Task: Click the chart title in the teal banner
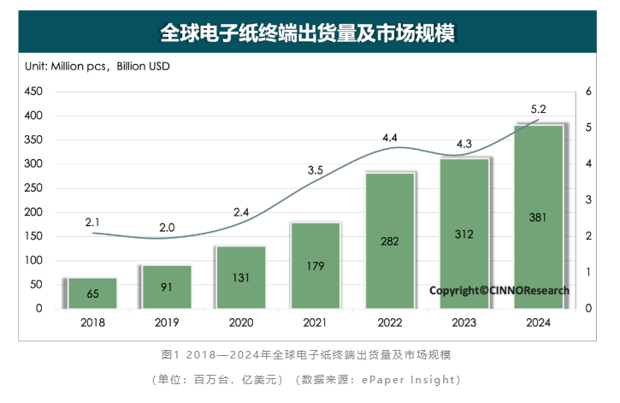309,33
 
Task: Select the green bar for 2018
92,293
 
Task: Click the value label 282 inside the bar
390,241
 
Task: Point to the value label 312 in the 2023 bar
464,234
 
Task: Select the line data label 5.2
538,109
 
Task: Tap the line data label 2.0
167,228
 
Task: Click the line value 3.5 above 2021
315,170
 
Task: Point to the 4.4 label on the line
390,137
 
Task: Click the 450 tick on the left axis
32,92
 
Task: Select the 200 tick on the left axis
32,212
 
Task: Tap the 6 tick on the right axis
588,92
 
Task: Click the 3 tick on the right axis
588,200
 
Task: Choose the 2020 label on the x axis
241,323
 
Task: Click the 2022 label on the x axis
390,323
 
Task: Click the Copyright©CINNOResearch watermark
499,290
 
